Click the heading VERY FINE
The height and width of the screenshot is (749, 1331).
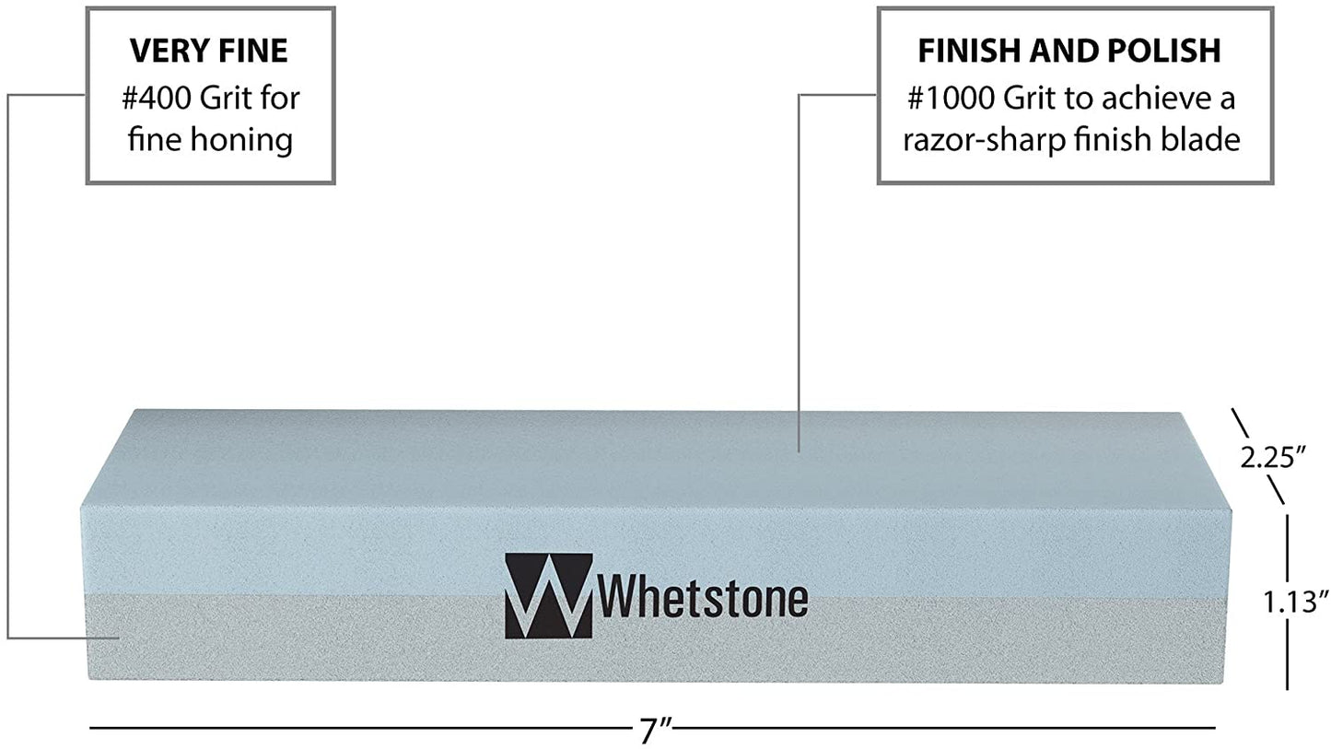point(210,52)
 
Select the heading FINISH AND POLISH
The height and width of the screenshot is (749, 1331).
point(1068,52)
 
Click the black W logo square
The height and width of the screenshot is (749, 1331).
point(548,595)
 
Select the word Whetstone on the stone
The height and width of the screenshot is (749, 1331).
point(703,599)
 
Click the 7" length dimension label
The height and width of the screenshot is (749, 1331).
point(660,731)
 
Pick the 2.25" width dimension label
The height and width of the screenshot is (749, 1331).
point(1273,458)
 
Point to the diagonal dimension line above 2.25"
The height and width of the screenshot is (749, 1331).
point(1240,425)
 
